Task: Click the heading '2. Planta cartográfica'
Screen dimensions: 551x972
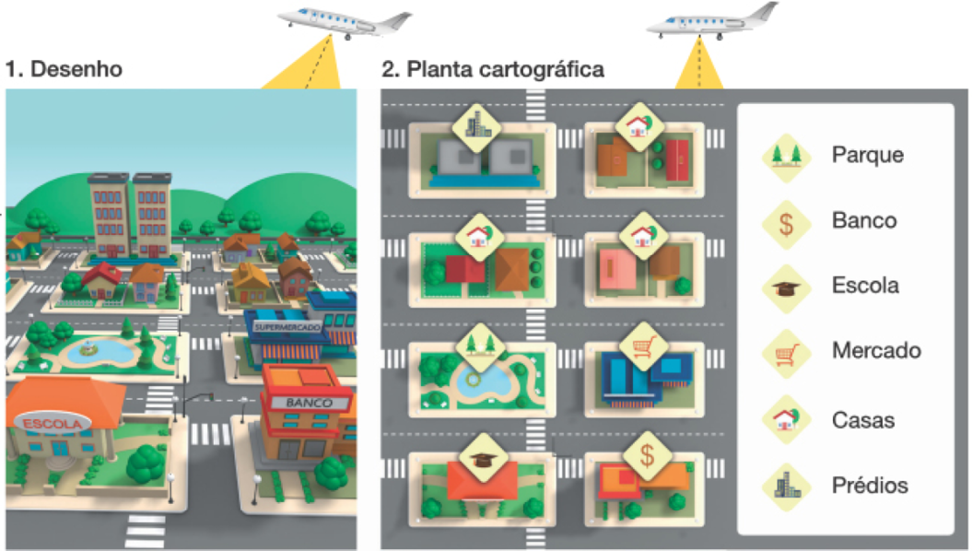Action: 493,69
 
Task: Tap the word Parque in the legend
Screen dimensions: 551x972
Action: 866,154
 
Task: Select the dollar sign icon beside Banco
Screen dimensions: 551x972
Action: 785,220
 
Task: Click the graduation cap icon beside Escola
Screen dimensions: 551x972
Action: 785,287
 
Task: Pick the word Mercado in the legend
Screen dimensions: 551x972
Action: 875,350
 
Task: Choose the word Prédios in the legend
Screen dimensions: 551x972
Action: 869,485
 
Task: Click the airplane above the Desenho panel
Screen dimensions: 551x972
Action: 343,22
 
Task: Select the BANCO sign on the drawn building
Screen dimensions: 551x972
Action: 309,403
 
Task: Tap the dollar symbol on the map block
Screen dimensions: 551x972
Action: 648,454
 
